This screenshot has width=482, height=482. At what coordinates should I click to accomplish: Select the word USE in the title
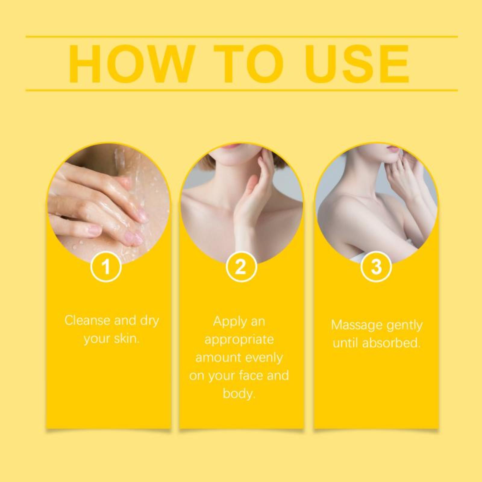pyautogui.click(x=357, y=64)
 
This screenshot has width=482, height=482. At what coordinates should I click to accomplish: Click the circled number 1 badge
pyautogui.click(x=106, y=267)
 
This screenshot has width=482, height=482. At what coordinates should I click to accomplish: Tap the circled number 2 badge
pyautogui.click(x=241, y=267)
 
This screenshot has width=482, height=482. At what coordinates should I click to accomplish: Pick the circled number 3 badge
pyautogui.click(x=376, y=267)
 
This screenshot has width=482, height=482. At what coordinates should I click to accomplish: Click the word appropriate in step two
pyautogui.click(x=239, y=340)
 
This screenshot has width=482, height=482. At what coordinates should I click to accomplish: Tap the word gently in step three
pyautogui.click(x=405, y=326)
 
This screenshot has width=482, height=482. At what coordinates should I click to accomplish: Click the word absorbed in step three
pyautogui.click(x=391, y=343)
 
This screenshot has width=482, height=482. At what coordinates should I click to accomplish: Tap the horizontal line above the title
pyautogui.click(x=242, y=37)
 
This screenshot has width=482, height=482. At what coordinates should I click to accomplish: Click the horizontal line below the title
pyautogui.click(x=242, y=90)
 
